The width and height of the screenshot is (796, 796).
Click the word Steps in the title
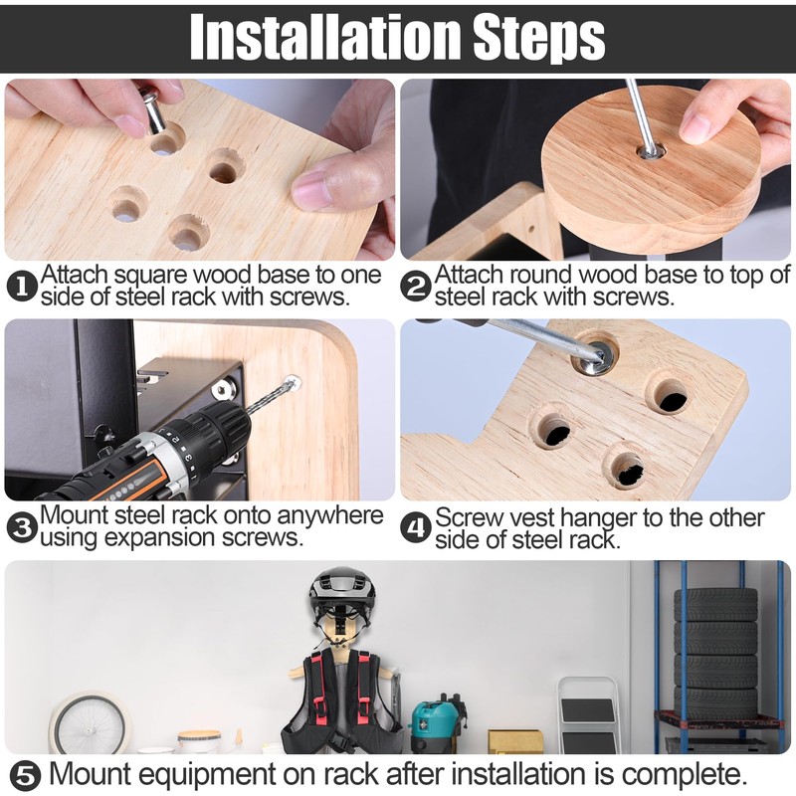click(x=539, y=38)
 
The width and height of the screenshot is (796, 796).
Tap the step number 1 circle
click(x=22, y=286)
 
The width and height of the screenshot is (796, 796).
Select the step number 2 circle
click(x=416, y=286)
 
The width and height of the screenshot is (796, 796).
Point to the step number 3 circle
click(x=22, y=527)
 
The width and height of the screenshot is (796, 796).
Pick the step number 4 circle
click(x=416, y=527)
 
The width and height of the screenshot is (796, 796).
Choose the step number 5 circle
click(x=26, y=776)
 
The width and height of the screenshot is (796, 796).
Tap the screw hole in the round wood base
click(x=651, y=150)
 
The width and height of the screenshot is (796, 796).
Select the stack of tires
click(x=715, y=654)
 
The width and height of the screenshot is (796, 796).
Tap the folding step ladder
click(x=588, y=715)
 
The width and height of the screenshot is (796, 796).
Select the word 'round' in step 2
click(x=541, y=275)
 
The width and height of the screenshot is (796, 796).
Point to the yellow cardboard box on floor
click(x=514, y=742)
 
